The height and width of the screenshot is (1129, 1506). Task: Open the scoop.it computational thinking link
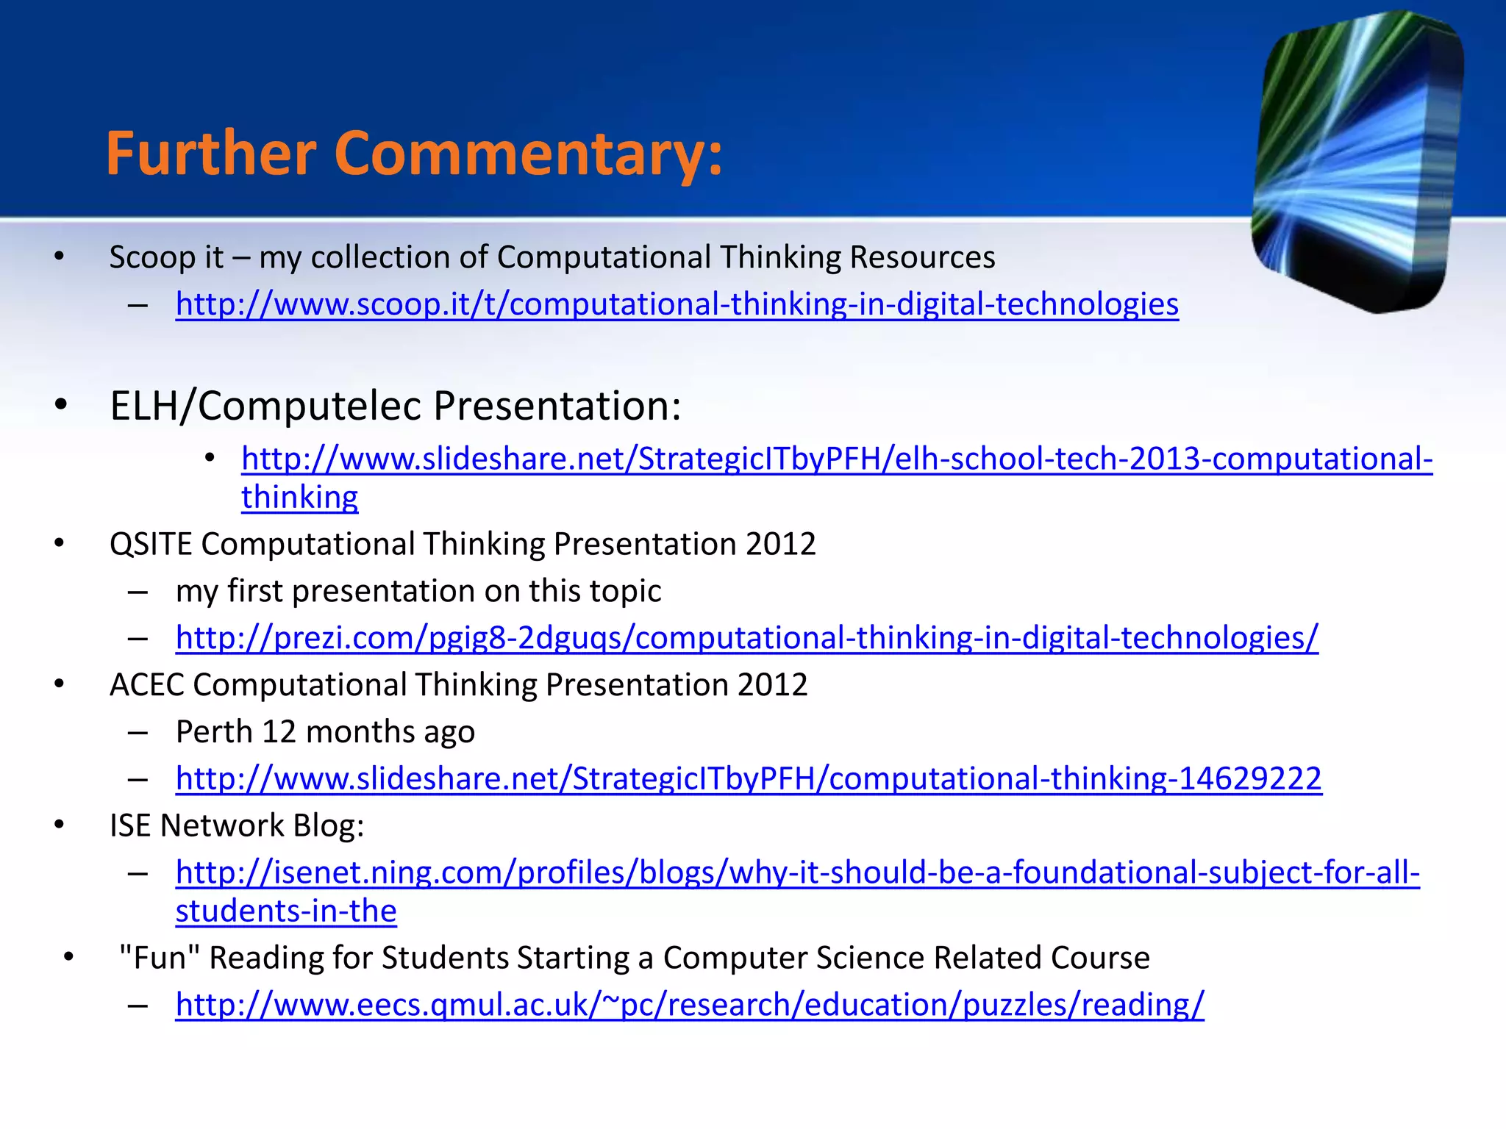tap(677, 304)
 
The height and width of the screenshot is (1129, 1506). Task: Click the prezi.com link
tap(746, 638)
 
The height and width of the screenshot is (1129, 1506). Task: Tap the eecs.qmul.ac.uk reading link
tap(689, 1005)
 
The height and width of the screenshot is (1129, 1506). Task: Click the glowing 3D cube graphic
tap(1357, 162)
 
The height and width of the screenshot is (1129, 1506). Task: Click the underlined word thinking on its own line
tap(299, 498)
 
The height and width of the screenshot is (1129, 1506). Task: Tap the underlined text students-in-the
tap(286, 911)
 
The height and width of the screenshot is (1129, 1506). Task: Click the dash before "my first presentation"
tap(138, 592)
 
